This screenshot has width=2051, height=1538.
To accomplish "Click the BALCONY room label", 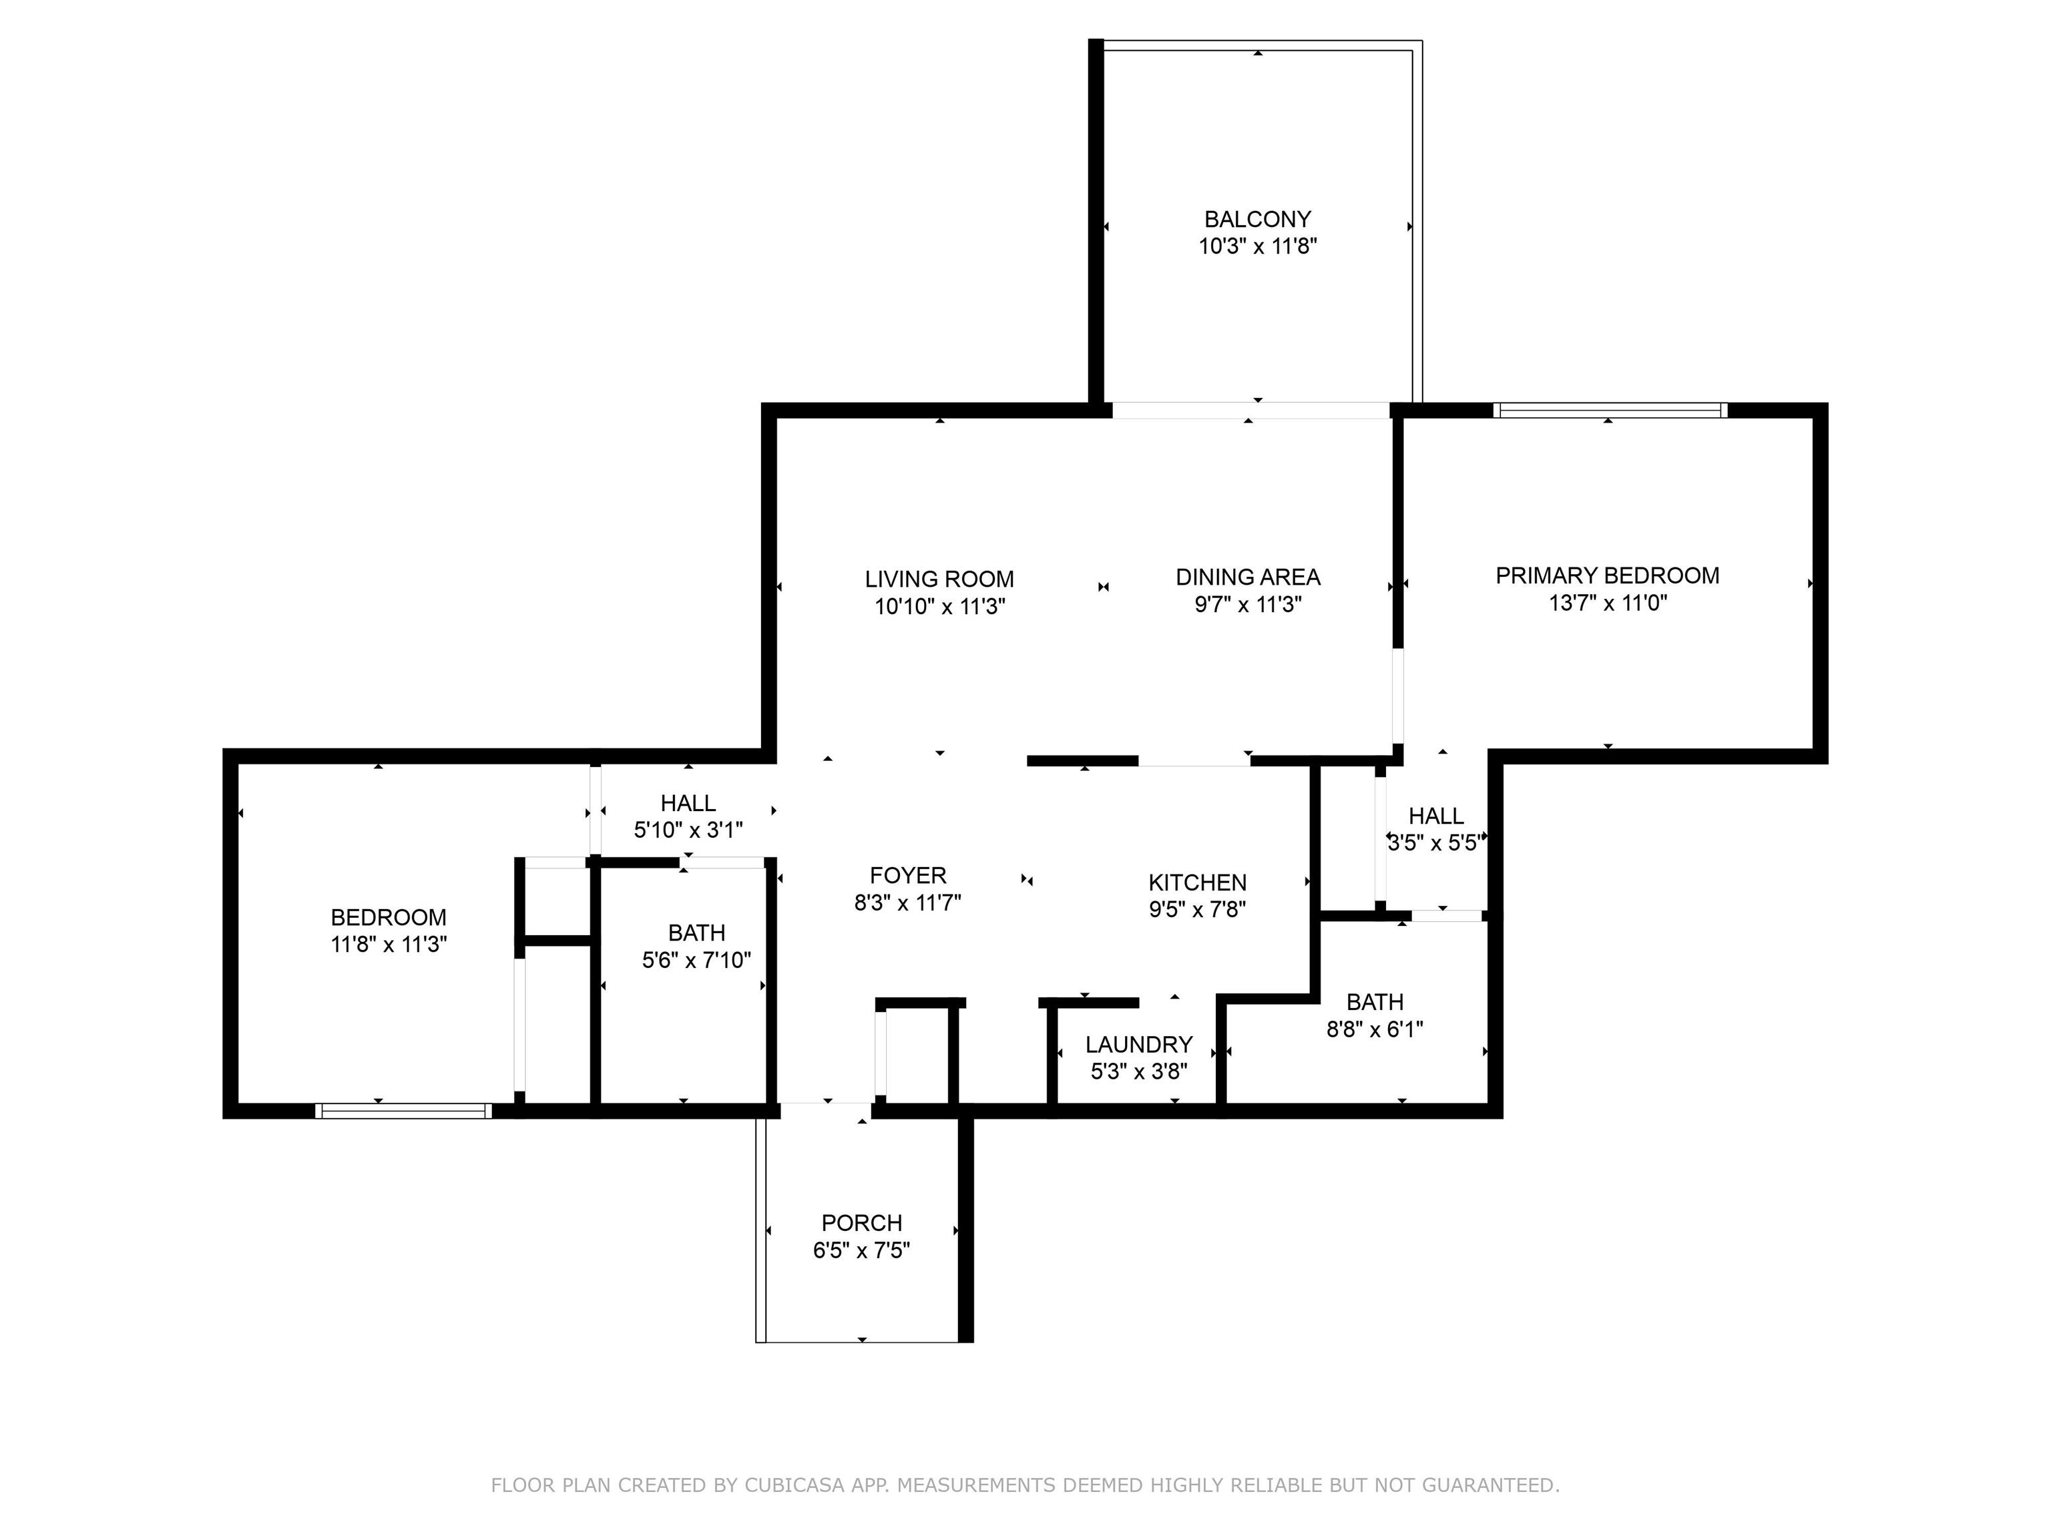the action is coord(1257,220).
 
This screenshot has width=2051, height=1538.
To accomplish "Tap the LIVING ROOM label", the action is coord(939,579).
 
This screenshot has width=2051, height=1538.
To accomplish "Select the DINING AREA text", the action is coord(1248,577).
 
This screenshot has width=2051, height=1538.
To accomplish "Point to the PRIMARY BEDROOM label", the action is coord(1607,575).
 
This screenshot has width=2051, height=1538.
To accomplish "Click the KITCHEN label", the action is coord(1197,882).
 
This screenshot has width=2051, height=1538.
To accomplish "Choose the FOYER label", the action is coord(908,875).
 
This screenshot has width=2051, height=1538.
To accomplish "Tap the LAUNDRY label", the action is coord(1138,1045).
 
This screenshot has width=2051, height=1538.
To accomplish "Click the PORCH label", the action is coord(861,1223).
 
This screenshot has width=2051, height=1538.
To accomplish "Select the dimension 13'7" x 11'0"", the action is coord(1608,603).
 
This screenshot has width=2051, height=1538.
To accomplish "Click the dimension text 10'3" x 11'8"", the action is coord(1257,246).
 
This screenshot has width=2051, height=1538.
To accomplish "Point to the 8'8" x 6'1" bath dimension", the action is coord(1374,1029).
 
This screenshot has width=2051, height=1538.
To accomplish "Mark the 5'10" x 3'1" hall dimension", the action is coord(688,830).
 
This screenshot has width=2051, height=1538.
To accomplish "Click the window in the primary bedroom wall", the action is coord(1610,410).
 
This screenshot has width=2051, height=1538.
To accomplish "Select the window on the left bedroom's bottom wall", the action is coord(403,1111).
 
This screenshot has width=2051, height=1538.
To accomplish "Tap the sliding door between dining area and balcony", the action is coord(1250,410).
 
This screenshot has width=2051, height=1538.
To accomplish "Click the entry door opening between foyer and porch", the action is coord(825,1103).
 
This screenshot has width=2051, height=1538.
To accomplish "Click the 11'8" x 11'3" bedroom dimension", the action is coord(389,945).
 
